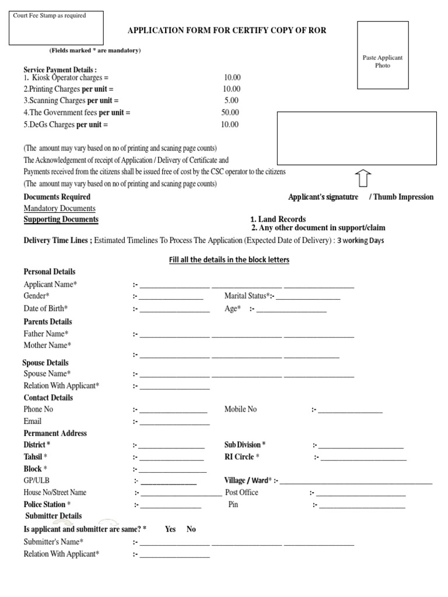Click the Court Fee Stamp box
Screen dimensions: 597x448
tap(56, 27)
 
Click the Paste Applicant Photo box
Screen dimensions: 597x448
tap(383, 55)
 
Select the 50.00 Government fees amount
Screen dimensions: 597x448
tap(230, 112)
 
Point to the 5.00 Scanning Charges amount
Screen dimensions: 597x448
tap(231, 100)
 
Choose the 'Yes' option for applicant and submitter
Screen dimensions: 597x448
tap(170, 529)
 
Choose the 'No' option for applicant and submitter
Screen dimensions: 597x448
tap(191, 529)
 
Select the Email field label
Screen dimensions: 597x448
tap(33, 421)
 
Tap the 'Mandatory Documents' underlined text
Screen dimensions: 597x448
tap(60, 208)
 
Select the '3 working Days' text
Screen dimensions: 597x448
tap(360, 241)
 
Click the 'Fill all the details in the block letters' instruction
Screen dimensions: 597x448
tap(229, 259)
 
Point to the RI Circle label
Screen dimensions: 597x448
tap(242, 456)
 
